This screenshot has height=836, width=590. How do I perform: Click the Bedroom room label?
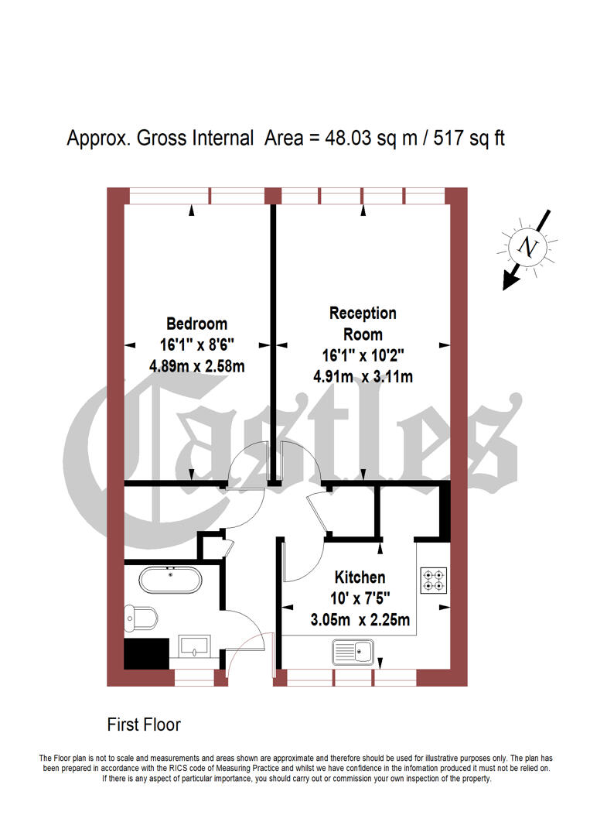(196, 324)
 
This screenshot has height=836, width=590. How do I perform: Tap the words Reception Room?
(363, 324)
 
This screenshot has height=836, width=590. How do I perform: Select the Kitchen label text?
(360, 577)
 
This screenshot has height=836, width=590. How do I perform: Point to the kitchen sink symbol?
(353, 652)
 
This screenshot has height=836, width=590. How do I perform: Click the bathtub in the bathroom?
(171, 580)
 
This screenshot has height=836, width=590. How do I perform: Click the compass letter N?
(528, 247)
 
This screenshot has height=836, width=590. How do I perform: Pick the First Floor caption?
(144, 725)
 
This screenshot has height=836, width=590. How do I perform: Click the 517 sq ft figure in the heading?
(472, 139)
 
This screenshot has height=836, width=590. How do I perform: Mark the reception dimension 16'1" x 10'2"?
(363, 356)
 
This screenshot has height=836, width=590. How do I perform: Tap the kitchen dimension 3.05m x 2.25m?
(360, 620)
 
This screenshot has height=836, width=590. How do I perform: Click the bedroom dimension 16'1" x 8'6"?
(196, 345)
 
